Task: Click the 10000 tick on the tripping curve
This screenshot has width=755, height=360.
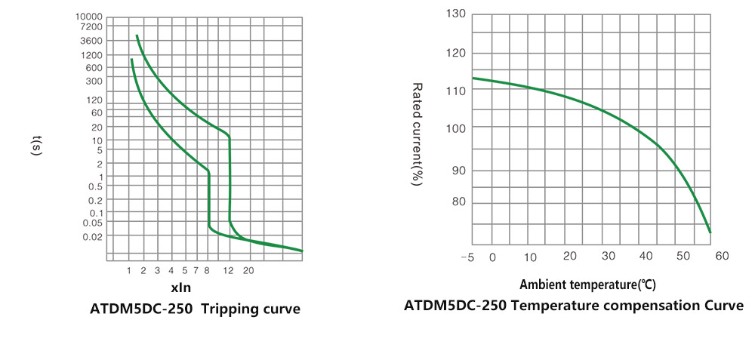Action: click(x=88, y=16)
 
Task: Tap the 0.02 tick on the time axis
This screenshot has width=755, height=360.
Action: click(x=91, y=236)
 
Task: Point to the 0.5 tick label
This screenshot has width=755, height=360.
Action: click(x=94, y=186)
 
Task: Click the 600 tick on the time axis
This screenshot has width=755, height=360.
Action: click(x=94, y=68)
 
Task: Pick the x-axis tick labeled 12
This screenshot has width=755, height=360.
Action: click(x=228, y=269)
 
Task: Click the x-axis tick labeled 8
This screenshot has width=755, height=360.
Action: click(x=207, y=269)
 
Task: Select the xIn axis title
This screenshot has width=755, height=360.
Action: click(x=180, y=288)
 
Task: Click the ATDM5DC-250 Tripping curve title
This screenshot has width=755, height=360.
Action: click(x=195, y=309)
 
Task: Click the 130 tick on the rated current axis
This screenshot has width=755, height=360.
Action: click(x=456, y=14)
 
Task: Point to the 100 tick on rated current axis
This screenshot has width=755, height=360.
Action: click(x=456, y=128)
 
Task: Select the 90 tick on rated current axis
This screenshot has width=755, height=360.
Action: click(x=459, y=171)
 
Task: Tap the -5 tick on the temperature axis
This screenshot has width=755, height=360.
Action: click(x=467, y=257)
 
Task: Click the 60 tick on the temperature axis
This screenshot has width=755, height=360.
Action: click(x=721, y=257)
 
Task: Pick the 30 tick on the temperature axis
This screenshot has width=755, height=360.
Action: click(x=609, y=257)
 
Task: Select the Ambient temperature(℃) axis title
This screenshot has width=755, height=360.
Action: click(x=587, y=285)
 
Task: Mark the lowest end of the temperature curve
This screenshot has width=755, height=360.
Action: click(x=710, y=232)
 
